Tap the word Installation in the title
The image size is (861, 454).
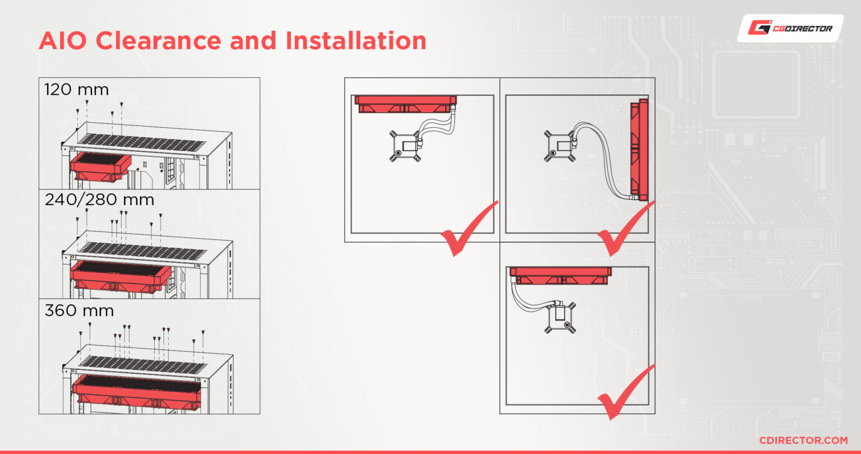pyautogui.click(x=356, y=40)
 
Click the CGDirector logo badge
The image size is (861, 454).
pyautogui.click(x=791, y=28)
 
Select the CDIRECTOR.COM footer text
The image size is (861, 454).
pyautogui.click(x=803, y=440)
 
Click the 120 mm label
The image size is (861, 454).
pyautogui.click(x=76, y=90)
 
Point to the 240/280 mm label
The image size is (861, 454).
pyautogui.click(x=99, y=200)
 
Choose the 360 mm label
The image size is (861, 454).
pyautogui.click(x=79, y=310)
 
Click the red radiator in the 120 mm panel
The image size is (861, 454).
pyautogui.click(x=101, y=166)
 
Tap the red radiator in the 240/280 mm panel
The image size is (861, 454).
pyautogui.click(x=121, y=276)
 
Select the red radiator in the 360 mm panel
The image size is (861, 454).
pyautogui.click(x=137, y=391)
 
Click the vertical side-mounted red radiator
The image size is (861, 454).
pyautogui.click(x=639, y=149)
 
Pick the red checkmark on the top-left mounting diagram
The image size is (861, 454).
pyautogui.click(x=469, y=229)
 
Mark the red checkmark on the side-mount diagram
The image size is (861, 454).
pyautogui.click(x=626, y=229)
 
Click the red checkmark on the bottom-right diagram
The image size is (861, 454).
pyautogui.click(x=626, y=392)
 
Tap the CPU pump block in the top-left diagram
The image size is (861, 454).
pyautogui.click(x=406, y=146)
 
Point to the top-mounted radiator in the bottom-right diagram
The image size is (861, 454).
pyautogui.click(x=560, y=276)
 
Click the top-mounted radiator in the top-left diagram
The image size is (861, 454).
pyautogui.click(x=405, y=104)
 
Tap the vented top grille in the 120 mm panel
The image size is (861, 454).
pyautogui.click(x=141, y=142)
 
